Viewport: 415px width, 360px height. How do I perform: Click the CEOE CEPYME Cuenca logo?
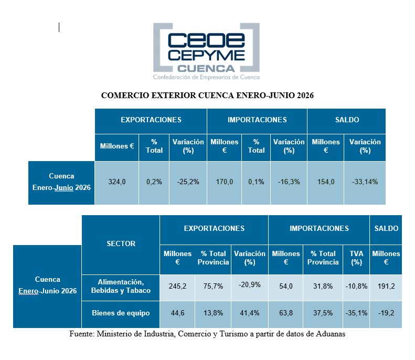click(206, 51)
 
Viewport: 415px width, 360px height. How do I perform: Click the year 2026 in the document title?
click(305, 96)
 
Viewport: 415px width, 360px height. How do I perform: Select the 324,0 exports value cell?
click(116, 183)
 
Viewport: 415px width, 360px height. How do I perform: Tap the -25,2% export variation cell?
click(188, 183)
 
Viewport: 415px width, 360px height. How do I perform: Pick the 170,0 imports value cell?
click(224, 183)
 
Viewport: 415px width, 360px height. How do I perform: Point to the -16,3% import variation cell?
click(289, 183)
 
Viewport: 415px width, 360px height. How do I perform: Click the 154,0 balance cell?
click(325, 183)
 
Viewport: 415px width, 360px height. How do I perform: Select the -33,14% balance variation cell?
click(365, 183)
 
